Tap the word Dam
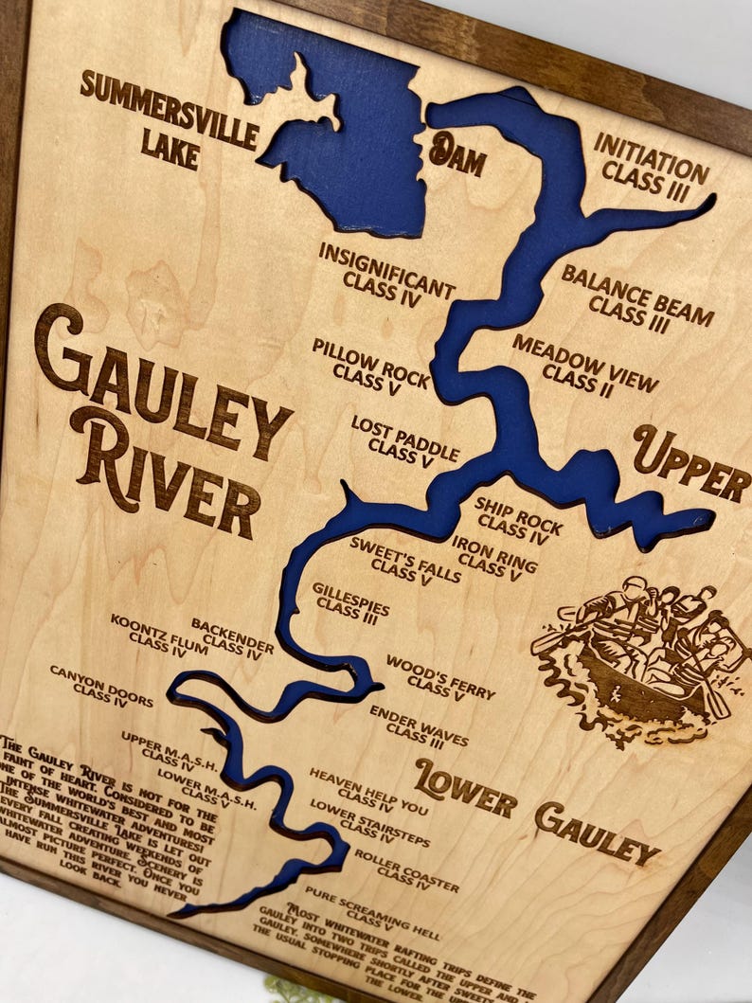pyautogui.click(x=457, y=154)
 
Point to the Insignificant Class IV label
pyautogui.click(x=385, y=272)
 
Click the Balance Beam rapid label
pyautogui.click(x=636, y=296)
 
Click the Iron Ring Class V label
pyautogui.click(x=493, y=557)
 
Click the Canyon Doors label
pyautogui.click(x=100, y=686)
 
